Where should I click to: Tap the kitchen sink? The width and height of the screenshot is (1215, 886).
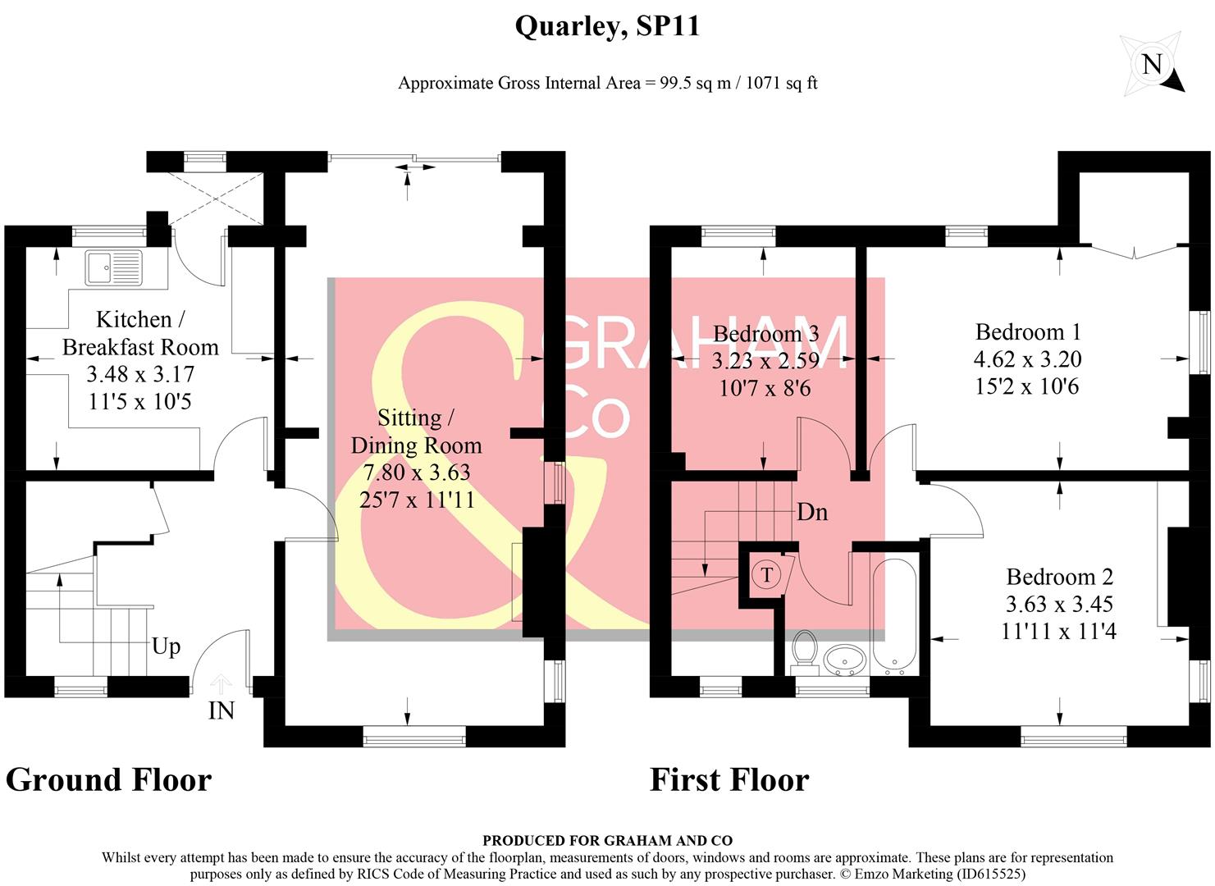coord(113,268)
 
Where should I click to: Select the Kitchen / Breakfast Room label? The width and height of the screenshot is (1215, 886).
coord(140,333)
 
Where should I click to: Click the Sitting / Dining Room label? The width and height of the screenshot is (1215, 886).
coord(416,432)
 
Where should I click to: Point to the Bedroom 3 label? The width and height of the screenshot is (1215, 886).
coord(765,334)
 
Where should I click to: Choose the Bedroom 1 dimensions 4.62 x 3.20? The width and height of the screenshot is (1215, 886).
coord(1028,359)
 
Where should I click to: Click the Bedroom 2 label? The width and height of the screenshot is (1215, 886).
coord(1059,577)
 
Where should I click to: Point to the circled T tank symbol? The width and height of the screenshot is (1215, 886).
coord(766,574)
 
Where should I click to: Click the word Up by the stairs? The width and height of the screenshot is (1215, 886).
coord(166,646)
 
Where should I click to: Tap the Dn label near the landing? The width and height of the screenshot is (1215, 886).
coord(812,513)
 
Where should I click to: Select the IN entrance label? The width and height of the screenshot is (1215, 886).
coord(222,710)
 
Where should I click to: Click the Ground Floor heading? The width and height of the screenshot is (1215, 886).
coord(108,779)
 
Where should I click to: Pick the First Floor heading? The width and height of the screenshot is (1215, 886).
coord(729,779)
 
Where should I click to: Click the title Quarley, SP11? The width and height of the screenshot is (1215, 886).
coord(607,26)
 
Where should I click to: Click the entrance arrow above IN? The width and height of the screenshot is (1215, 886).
coord(222,683)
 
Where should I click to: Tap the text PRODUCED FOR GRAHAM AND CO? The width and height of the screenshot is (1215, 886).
coord(607,840)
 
